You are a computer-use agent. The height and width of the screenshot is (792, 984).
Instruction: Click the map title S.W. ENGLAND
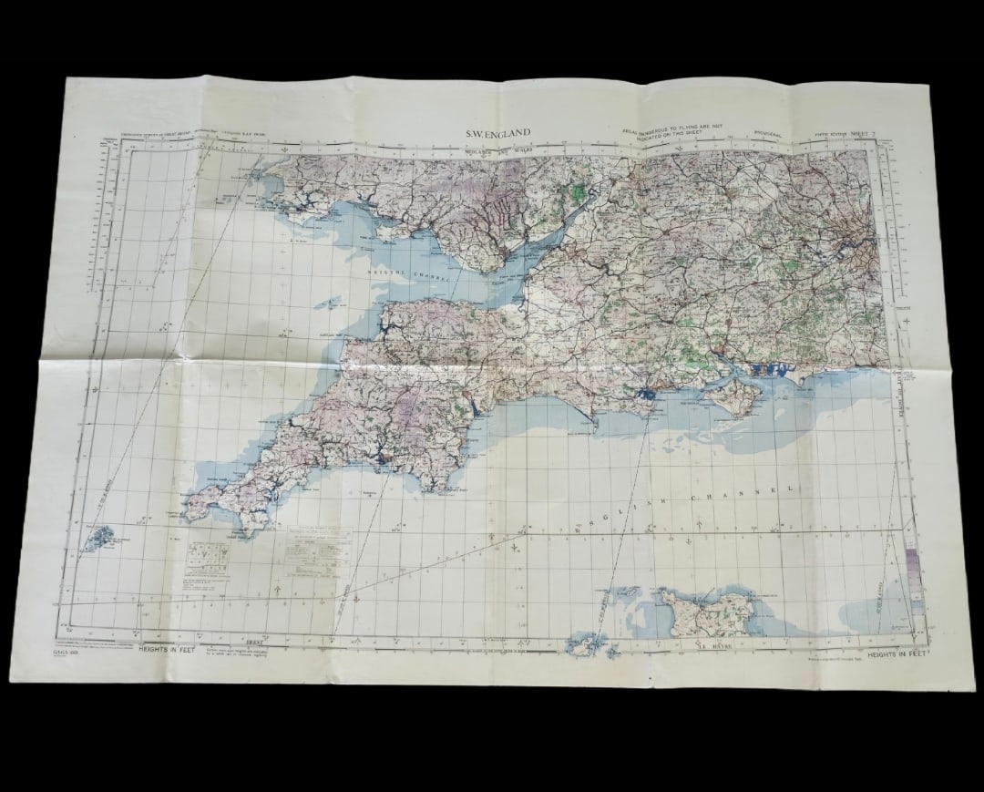pos(497,133)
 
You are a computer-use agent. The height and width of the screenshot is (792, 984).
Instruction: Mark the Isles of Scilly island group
pos(97,537)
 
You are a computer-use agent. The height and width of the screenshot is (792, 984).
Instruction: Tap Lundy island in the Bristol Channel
pos(330,302)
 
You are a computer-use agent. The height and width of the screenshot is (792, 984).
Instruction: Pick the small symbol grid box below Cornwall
pos(208,560)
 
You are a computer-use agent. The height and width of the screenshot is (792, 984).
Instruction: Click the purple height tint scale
pos(913,570)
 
